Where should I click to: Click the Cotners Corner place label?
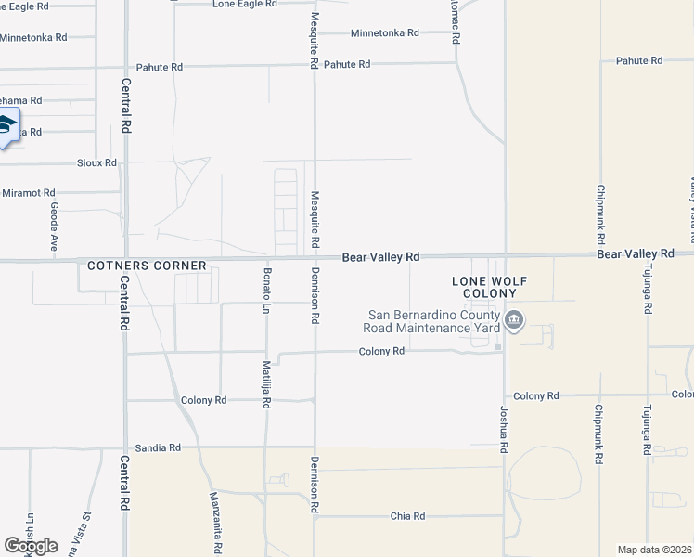(x=147, y=266)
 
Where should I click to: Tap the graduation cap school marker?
(x=7, y=127)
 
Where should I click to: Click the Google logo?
(x=31, y=546)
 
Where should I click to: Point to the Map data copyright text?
(x=654, y=550)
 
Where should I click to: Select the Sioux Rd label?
(x=97, y=162)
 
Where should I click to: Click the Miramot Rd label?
(x=29, y=192)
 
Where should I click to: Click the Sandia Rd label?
(x=157, y=447)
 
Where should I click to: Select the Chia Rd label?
(x=406, y=516)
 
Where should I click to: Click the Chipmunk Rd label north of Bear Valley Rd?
(x=600, y=208)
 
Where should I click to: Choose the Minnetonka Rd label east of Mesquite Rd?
(x=384, y=32)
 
